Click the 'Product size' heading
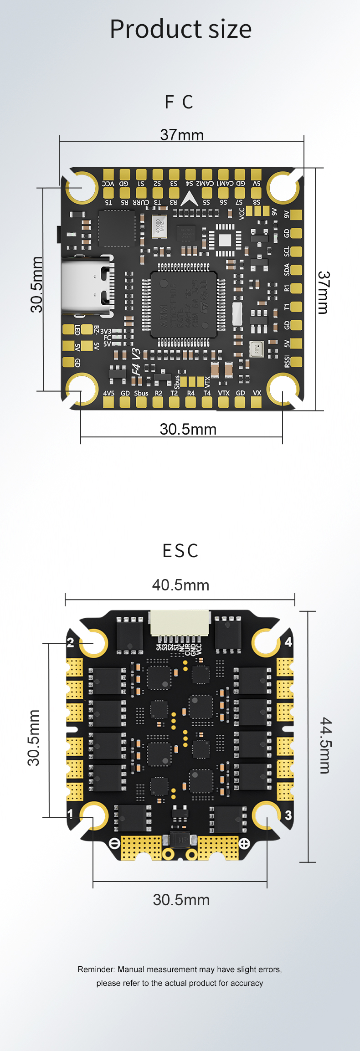tap(180, 29)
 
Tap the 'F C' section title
tap(179, 102)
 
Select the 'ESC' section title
tap(180, 551)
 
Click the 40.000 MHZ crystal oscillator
tap(159, 226)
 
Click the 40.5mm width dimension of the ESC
tap(180, 585)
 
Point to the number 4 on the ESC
tap(288, 642)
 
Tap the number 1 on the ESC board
tap(70, 814)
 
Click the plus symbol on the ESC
tap(244, 843)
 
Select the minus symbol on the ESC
tap(115, 843)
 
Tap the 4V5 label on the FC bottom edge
tap(108, 393)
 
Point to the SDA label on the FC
tap(287, 270)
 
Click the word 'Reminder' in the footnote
tap(96, 969)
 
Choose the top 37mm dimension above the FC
tap(182, 135)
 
